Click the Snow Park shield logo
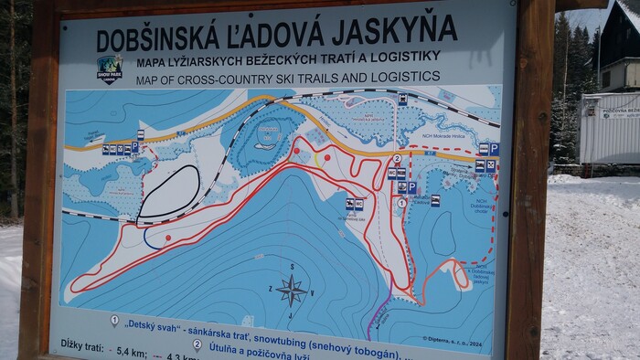click(110, 69)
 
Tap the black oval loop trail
click(168, 191)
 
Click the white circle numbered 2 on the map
click(397, 158)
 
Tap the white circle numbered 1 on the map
click(401, 202)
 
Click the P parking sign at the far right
click(494, 149)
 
